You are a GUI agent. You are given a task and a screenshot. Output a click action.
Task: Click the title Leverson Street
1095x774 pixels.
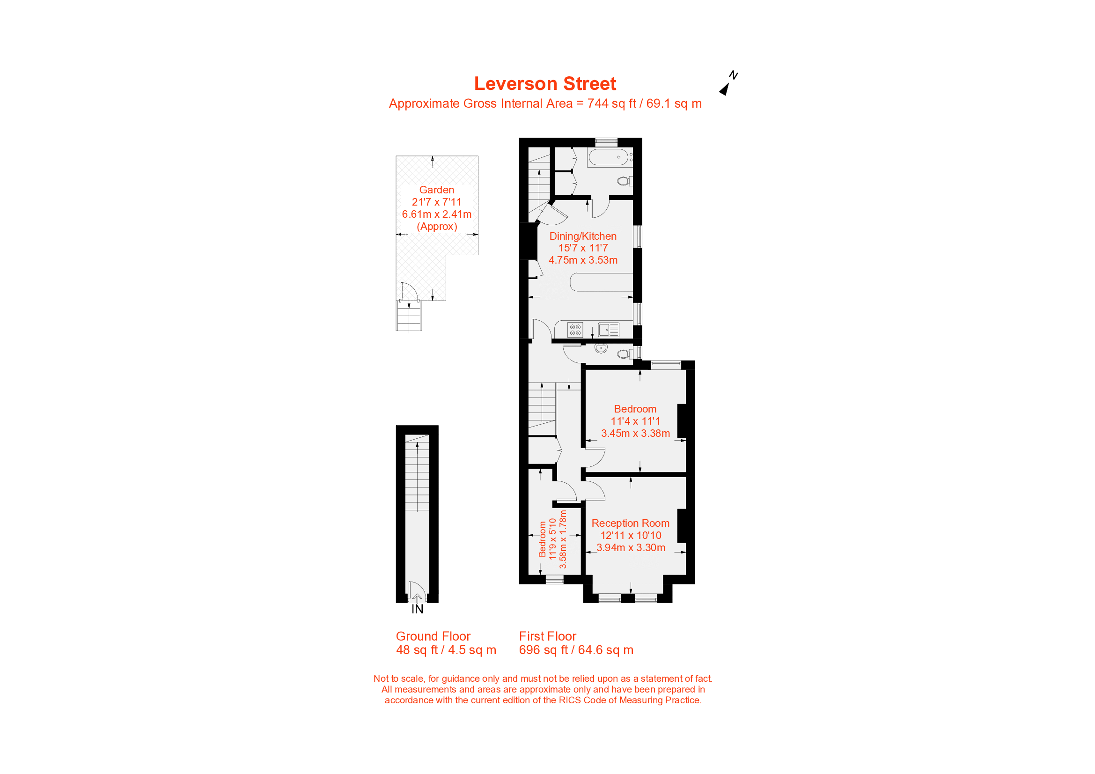click(x=544, y=84)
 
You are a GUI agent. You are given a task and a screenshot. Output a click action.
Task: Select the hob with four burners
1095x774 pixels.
click(x=575, y=330)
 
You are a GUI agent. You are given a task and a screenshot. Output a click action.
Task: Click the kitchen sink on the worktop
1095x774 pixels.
click(x=609, y=330)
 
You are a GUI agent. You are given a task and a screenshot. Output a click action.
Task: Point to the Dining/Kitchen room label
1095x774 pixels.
click(x=583, y=236)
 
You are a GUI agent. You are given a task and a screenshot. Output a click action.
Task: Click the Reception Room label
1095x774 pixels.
click(x=630, y=523)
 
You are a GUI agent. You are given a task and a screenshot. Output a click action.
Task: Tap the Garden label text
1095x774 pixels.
click(x=436, y=190)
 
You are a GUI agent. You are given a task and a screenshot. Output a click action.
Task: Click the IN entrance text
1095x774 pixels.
click(x=417, y=610)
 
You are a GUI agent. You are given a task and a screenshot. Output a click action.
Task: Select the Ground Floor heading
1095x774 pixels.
click(x=433, y=637)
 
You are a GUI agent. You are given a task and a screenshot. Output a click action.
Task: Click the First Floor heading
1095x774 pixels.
click(x=548, y=637)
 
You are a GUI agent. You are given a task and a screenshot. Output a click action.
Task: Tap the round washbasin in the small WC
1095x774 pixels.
click(x=601, y=348)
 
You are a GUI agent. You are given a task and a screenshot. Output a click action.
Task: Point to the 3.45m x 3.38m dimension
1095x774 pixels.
click(x=635, y=434)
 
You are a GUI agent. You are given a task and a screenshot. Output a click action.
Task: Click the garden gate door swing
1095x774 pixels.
click(x=408, y=291)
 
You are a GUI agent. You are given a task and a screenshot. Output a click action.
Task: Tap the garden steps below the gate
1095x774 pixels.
click(x=409, y=316)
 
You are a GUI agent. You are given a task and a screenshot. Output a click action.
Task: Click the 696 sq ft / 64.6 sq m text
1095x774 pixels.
click(x=576, y=650)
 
